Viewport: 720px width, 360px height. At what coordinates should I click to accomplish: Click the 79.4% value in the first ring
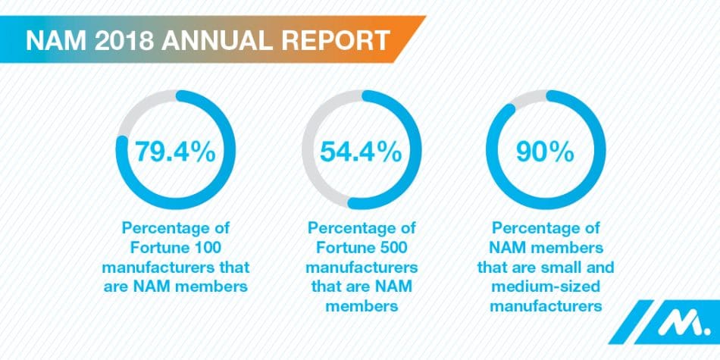(x=176, y=152)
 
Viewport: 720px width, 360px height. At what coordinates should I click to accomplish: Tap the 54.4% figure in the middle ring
(x=361, y=152)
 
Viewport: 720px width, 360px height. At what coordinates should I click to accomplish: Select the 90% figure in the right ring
(x=545, y=152)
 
